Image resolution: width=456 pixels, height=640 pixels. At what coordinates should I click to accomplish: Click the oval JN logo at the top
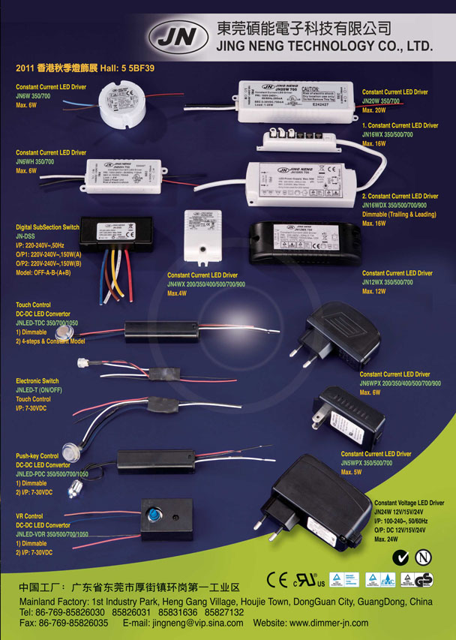coord(177,36)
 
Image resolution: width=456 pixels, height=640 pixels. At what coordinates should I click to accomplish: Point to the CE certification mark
coord(277,579)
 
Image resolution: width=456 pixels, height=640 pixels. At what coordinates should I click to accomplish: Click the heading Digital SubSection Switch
coord(47,226)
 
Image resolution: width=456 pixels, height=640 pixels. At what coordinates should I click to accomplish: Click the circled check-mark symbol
coord(402,557)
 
